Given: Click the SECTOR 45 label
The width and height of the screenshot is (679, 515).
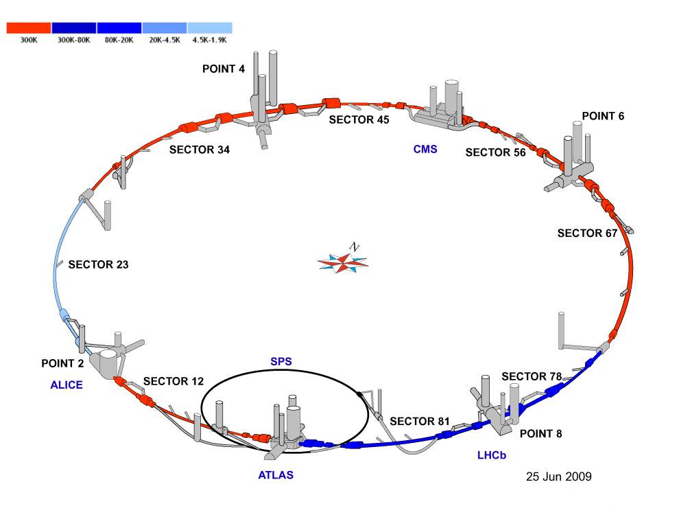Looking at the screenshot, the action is pyautogui.click(x=359, y=119).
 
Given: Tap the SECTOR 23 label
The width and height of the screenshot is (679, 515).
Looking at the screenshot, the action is pyautogui.click(x=98, y=264).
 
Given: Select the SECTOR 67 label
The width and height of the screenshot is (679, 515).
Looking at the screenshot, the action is pyautogui.click(x=587, y=233).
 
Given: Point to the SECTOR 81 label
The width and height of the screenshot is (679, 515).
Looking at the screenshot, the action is pyautogui.click(x=420, y=422).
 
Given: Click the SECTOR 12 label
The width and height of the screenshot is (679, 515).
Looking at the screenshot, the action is pyautogui.click(x=174, y=382).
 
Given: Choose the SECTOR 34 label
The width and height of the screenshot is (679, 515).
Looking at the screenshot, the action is pyautogui.click(x=200, y=150).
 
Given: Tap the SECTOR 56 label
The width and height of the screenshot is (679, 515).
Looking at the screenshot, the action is pyautogui.click(x=495, y=152).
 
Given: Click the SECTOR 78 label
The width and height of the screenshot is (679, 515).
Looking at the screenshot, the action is pyautogui.click(x=532, y=376).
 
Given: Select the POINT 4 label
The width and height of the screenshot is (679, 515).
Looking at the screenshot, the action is pyautogui.click(x=224, y=69).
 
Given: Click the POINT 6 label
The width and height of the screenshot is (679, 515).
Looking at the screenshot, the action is pyautogui.click(x=604, y=116).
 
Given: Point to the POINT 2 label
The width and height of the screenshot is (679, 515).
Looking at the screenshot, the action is pyautogui.click(x=63, y=363).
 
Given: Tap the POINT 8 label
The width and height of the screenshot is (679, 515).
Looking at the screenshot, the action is pyautogui.click(x=541, y=433).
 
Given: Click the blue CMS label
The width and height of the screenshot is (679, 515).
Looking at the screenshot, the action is pyautogui.click(x=425, y=149).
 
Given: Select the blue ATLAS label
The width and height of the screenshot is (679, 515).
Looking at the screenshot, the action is pyautogui.click(x=276, y=475).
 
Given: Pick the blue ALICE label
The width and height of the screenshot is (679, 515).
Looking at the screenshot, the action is pyautogui.click(x=67, y=385).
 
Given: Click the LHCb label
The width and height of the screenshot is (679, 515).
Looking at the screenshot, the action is pyautogui.click(x=492, y=455).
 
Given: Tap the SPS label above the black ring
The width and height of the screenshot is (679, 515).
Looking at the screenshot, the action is pyautogui.click(x=281, y=362).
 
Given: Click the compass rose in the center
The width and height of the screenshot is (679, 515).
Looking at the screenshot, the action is pyautogui.click(x=342, y=261).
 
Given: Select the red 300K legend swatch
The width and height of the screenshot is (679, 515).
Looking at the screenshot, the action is pyautogui.click(x=29, y=28).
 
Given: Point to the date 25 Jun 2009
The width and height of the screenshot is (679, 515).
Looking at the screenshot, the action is pyautogui.click(x=558, y=477).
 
